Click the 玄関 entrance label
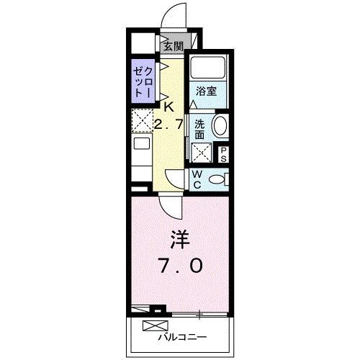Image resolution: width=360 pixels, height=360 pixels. click(173, 46)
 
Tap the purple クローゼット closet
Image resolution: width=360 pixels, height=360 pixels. click(142, 81)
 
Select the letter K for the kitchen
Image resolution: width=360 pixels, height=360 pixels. click(169, 107)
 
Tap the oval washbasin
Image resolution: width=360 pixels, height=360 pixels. click(220, 127)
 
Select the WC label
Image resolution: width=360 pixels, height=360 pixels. click(196, 179)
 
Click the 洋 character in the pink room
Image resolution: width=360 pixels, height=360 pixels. click(180, 238)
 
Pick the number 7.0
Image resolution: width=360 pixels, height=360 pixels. click(180, 265)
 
